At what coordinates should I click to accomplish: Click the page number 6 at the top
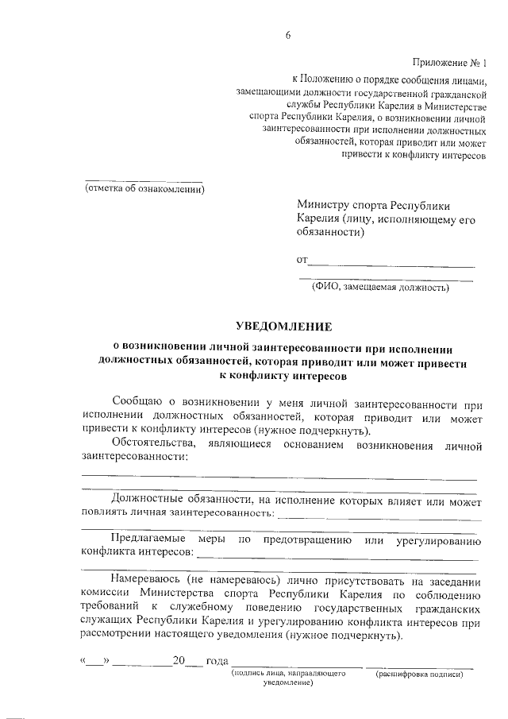[289, 34]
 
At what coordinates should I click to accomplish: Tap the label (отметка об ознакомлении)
[145, 189]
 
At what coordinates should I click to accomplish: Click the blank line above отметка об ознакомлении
[144, 180]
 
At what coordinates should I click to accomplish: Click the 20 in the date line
[179, 661]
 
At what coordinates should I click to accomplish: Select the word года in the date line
[217, 661]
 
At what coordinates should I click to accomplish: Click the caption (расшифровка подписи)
[419, 674]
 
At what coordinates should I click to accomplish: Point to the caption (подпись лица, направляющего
[287, 674]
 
